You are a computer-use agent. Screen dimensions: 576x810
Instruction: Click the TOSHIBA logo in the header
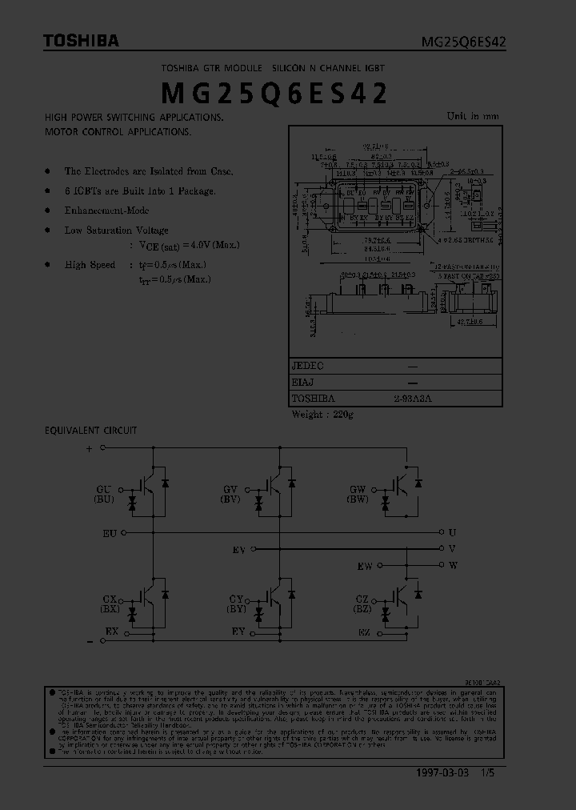81,41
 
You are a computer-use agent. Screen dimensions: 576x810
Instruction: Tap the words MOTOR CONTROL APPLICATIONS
118,131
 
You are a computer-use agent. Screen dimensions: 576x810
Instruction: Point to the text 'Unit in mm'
472,116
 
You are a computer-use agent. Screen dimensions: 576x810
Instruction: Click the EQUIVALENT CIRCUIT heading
90,431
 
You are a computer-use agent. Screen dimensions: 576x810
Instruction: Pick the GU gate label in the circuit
104,488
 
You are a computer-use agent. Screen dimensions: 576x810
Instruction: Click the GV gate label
230,488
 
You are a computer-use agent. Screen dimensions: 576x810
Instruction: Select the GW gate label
358,488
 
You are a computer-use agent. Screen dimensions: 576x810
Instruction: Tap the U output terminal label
453,531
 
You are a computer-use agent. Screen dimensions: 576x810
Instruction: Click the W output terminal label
453,565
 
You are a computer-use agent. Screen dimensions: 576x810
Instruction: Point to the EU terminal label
110,532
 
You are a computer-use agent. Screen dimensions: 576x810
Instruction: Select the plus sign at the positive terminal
89,449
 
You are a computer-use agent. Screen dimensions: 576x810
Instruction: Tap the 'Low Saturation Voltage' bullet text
117,231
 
